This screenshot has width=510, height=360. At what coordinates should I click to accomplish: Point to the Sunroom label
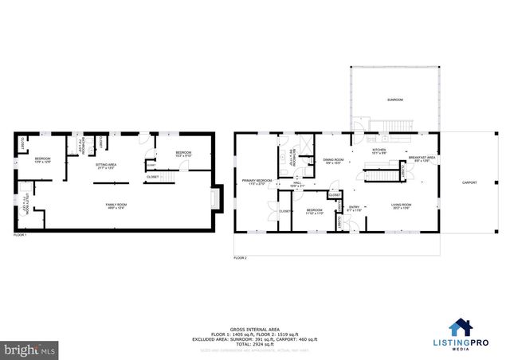click(394, 100)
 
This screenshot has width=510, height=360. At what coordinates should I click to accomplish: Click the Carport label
click(470, 182)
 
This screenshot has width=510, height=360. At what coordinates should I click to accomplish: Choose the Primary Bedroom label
click(257, 182)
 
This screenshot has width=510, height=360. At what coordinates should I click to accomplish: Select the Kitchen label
click(379, 151)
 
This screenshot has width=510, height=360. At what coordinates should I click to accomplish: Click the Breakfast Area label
click(422, 158)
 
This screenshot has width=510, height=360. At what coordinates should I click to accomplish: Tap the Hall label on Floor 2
click(296, 182)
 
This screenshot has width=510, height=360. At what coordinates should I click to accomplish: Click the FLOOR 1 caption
click(20, 236)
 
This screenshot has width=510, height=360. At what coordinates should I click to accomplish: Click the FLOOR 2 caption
click(240, 258)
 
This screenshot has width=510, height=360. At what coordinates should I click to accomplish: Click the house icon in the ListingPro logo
click(459, 327)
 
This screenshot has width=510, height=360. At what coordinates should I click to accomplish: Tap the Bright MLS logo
click(30, 348)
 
